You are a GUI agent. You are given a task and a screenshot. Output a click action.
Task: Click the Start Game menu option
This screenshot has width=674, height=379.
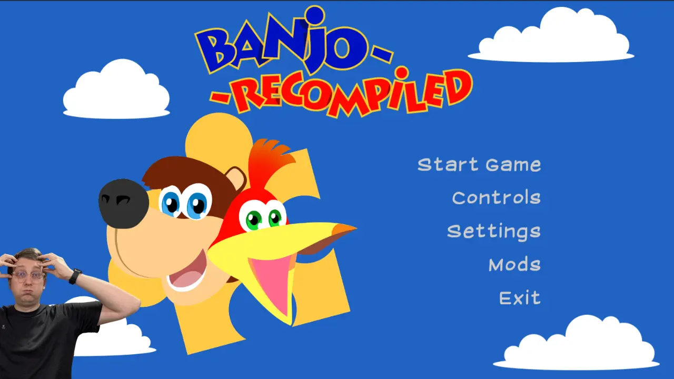[x=479, y=165]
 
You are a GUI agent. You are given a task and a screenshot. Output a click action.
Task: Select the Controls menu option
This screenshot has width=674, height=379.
[x=496, y=198]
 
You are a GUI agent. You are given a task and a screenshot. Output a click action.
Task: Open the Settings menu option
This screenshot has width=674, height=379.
[x=493, y=232]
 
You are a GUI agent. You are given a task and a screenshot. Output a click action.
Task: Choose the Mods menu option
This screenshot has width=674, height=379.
[x=514, y=265]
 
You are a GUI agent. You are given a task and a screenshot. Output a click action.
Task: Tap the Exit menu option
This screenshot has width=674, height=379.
[x=520, y=298]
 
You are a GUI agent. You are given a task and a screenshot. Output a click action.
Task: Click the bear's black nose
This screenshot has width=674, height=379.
[x=124, y=203]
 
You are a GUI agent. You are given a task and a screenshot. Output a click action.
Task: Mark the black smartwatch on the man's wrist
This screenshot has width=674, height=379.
[x=75, y=276]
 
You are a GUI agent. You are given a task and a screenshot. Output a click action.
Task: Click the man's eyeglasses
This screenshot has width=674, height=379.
[x=28, y=276]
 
